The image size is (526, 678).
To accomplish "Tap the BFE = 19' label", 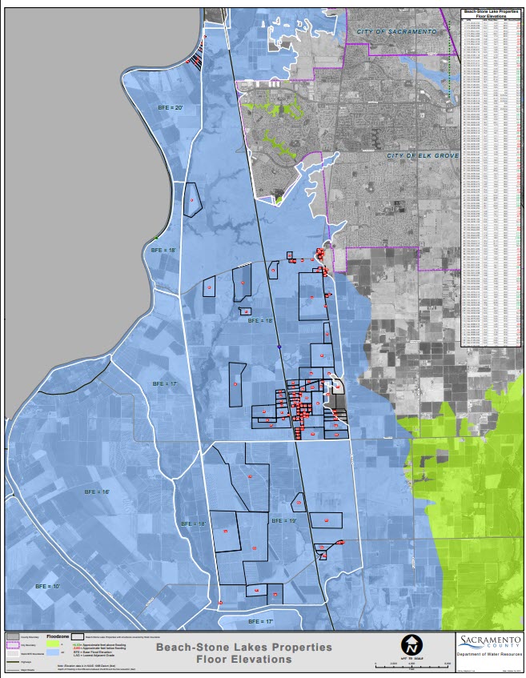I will coord(284,520).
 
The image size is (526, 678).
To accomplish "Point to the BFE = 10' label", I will coord(48,587).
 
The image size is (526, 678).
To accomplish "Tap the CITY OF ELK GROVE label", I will coord(423,155).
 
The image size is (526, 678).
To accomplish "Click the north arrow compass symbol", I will coord(412,643).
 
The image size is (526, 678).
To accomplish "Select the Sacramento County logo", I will coord(488,643).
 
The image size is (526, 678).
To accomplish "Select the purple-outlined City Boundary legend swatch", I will coord(13,644).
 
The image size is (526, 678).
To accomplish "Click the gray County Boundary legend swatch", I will coord(13,635).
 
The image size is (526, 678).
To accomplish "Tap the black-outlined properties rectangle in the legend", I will coord(78,635).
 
